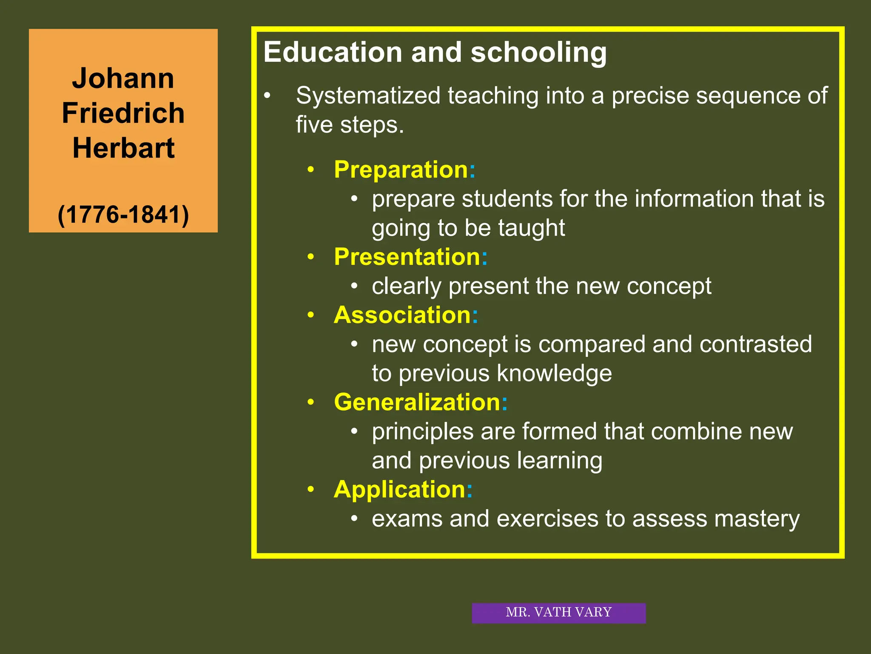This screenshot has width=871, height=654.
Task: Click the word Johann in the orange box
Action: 123,79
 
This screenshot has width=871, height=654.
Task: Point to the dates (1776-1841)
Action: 123,215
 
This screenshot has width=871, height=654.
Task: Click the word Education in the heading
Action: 333,52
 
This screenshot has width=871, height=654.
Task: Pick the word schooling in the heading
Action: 538,53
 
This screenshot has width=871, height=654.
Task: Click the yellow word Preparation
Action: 401,170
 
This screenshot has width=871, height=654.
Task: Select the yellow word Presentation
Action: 407,257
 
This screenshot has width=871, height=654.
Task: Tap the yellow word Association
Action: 402,316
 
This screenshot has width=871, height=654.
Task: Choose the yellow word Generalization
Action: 417,402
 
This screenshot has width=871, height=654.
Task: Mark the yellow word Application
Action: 399,490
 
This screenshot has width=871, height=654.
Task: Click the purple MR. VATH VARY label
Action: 558,613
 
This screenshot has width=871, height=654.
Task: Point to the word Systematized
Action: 368,96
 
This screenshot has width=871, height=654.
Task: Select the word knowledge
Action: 554,374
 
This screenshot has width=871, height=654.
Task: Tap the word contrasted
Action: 755,344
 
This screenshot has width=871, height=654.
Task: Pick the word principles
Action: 422,432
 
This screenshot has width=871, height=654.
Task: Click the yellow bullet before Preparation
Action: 311,170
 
